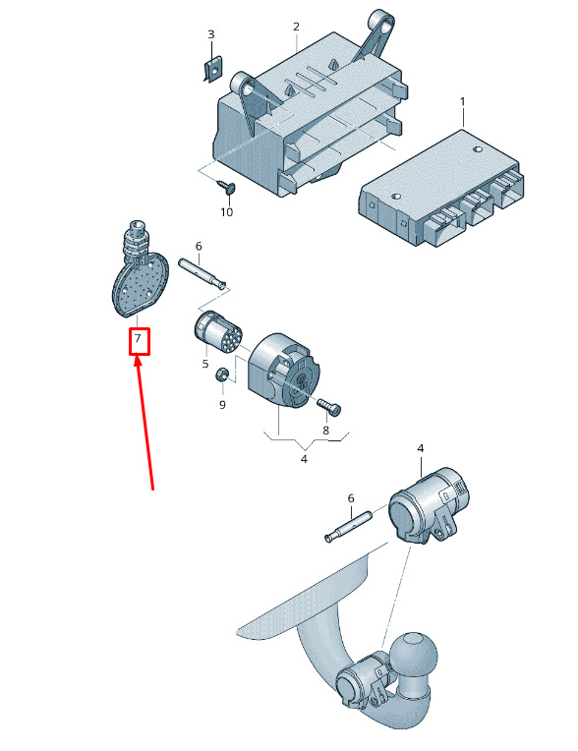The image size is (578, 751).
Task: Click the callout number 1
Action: click(x=462, y=102)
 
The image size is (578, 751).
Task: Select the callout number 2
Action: click(x=296, y=27)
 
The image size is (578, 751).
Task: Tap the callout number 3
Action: click(x=210, y=34)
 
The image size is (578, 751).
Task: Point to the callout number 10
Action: click(x=226, y=211)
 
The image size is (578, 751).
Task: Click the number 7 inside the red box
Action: click(x=138, y=338)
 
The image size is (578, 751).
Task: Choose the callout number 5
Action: click(x=205, y=364)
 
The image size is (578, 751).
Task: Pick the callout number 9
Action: click(x=222, y=405)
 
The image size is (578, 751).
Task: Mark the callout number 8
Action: click(x=325, y=431)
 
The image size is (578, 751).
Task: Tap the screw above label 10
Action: click(x=225, y=186)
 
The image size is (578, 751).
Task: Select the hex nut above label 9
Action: click(x=222, y=375)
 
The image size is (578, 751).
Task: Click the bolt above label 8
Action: click(x=328, y=407)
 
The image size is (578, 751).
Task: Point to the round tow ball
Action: click(x=415, y=654)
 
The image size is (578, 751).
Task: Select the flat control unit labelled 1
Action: click(x=440, y=188)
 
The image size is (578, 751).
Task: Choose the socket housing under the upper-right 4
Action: click(x=428, y=506)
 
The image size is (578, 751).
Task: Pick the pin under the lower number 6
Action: click(x=348, y=526)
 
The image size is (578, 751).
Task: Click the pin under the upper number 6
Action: click(x=202, y=273)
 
